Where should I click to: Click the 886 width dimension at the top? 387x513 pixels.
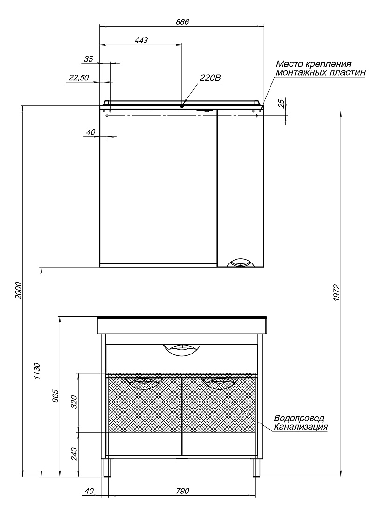click(182, 22)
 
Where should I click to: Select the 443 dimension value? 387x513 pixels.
click(141, 40)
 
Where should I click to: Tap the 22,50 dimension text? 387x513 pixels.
click(78, 78)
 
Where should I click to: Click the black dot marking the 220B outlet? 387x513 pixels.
click(182, 105)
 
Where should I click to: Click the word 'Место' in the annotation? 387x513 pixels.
click(290, 64)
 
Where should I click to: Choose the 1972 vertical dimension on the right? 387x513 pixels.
click(337, 293)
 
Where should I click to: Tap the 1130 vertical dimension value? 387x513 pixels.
click(37, 371)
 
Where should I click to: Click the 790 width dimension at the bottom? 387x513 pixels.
click(182, 491)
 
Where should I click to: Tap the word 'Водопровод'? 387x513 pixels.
click(299, 418)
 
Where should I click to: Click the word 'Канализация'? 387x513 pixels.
click(301, 427)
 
